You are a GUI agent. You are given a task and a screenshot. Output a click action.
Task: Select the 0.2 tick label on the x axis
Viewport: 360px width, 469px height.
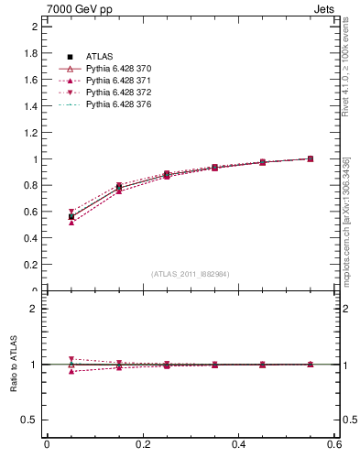[142, 444]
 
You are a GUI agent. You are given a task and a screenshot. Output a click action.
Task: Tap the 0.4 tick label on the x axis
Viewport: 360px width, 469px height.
[238, 444]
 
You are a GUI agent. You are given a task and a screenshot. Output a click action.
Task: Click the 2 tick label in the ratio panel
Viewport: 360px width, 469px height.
[33, 309]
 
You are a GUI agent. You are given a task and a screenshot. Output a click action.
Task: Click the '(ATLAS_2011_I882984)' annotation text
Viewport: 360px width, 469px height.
[190, 274]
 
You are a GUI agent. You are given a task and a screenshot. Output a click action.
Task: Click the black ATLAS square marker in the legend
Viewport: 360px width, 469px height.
[70, 57]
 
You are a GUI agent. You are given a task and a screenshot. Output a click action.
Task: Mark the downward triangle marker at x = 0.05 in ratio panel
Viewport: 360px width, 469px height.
[71, 359]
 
